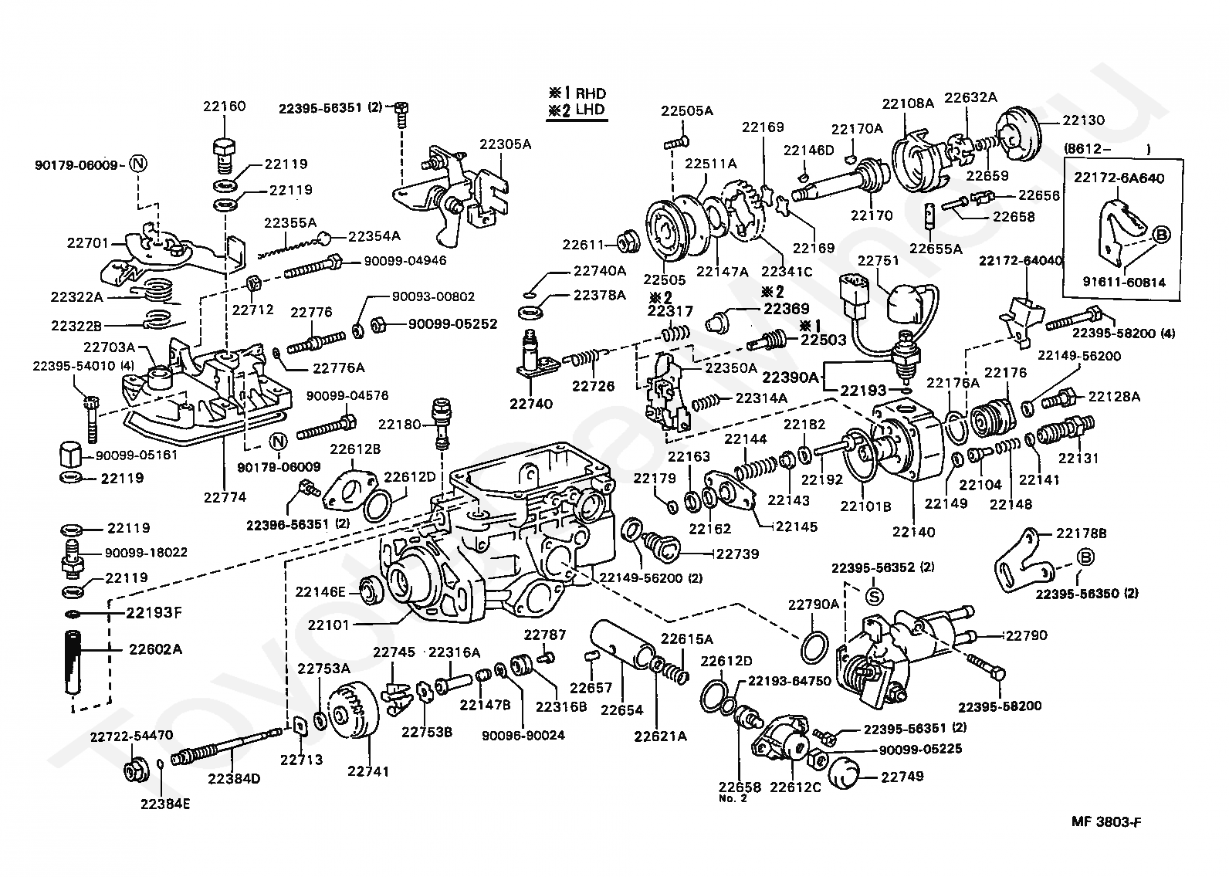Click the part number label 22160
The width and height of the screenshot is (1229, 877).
click(224, 106)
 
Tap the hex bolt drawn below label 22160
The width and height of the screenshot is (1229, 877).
click(223, 156)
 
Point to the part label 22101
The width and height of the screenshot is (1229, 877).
click(328, 625)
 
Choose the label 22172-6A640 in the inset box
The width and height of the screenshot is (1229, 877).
click(1119, 178)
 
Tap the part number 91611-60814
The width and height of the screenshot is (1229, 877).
click(1124, 282)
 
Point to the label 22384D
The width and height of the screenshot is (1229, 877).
click(234, 778)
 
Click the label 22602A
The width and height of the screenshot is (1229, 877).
click(155, 649)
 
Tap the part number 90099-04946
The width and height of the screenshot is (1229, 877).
click(405, 260)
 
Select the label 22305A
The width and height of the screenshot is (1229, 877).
click(506, 144)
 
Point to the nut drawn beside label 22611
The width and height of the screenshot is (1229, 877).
click(628, 242)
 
